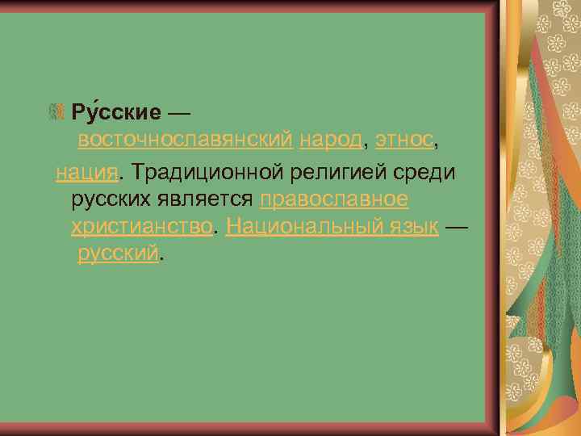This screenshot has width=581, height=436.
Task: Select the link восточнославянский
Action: tap(185, 140)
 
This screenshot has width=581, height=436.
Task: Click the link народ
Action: tap(331, 140)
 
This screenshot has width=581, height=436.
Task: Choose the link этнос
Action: tap(404, 140)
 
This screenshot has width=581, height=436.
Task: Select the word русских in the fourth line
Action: tap(109, 199)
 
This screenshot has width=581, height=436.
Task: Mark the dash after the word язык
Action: tap(456, 227)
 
